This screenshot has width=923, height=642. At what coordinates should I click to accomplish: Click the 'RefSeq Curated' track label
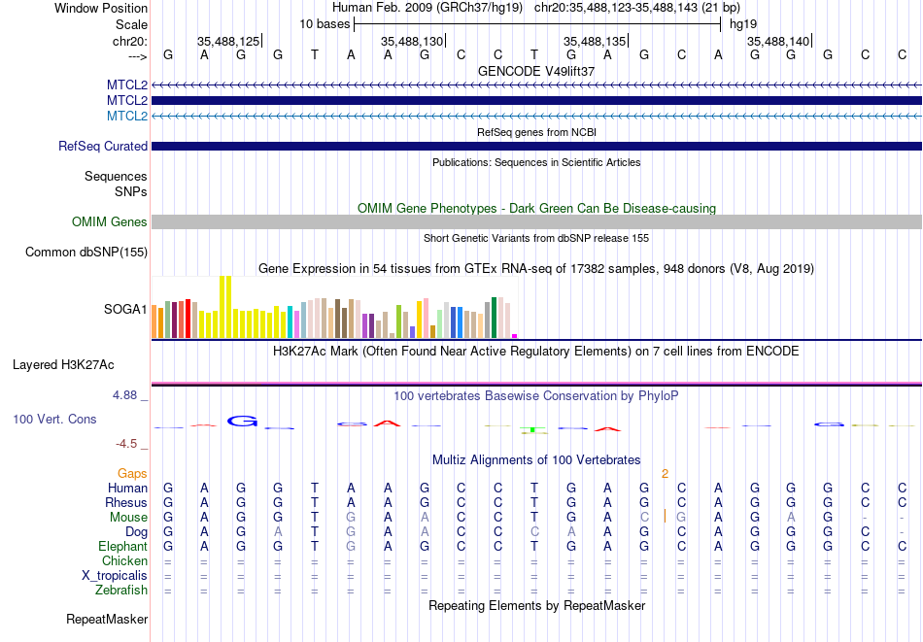(x=102, y=146)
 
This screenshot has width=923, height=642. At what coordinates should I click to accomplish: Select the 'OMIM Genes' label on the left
(x=110, y=221)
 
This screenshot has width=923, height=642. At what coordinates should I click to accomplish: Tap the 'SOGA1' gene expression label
(x=125, y=309)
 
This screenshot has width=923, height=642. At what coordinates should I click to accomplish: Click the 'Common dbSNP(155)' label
(x=86, y=252)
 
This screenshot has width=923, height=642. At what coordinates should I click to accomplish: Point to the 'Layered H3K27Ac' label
(x=63, y=365)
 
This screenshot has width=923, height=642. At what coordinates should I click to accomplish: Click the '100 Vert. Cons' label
(x=54, y=419)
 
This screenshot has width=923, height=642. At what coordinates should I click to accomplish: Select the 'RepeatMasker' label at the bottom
(x=107, y=619)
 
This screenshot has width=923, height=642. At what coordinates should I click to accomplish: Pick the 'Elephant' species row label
(x=122, y=546)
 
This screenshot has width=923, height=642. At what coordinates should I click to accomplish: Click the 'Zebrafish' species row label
(x=121, y=590)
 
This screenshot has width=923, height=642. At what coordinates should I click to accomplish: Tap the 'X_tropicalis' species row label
(x=115, y=576)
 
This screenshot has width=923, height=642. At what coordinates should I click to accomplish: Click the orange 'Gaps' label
(x=132, y=473)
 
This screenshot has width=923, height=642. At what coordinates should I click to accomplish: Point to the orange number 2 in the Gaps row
(x=665, y=474)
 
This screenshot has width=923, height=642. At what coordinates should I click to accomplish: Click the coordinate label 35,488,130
(x=412, y=41)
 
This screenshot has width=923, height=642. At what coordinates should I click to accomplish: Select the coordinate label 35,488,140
(x=777, y=41)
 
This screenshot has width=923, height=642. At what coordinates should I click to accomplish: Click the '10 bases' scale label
(x=325, y=24)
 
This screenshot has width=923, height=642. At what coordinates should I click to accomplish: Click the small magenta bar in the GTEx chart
(x=515, y=336)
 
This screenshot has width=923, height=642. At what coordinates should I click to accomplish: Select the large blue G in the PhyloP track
(x=243, y=422)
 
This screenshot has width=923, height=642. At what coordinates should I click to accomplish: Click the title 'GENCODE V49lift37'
(x=536, y=71)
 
